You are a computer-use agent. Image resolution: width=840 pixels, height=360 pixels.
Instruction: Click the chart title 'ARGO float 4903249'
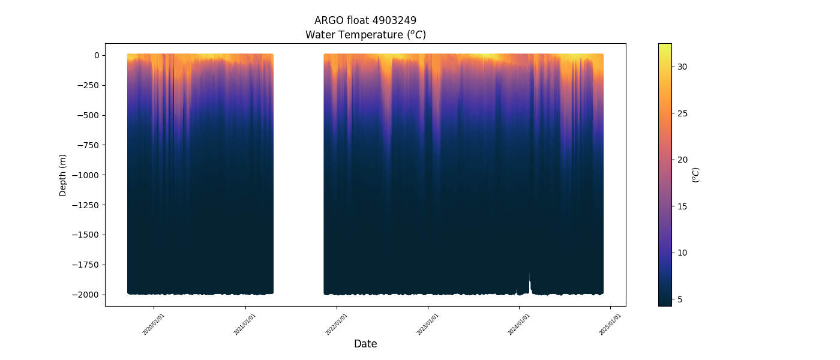(x=365, y=20)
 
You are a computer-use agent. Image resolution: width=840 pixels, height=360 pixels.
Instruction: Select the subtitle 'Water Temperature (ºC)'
(x=365, y=35)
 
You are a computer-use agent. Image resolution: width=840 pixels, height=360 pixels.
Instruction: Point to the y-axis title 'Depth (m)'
(x=63, y=175)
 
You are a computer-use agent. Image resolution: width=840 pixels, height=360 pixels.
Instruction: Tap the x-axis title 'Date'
(x=365, y=344)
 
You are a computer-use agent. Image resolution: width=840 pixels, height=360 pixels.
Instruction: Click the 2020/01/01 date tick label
(x=154, y=324)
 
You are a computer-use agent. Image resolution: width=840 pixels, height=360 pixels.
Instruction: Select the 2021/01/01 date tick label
(x=245, y=324)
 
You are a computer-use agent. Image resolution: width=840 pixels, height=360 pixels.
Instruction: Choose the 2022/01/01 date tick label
(x=336, y=324)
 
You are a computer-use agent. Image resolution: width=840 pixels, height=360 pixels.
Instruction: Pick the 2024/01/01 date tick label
(x=518, y=324)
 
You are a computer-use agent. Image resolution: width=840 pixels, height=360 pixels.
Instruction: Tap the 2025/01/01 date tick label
(x=610, y=324)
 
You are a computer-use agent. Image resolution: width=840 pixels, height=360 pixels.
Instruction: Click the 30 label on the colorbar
(x=683, y=67)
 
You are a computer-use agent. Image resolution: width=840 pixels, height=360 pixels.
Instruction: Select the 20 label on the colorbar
(x=683, y=160)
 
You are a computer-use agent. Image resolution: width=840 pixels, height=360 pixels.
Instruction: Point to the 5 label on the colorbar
(x=680, y=299)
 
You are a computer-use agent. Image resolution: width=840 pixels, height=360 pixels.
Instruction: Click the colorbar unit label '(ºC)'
(x=696, y=175)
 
